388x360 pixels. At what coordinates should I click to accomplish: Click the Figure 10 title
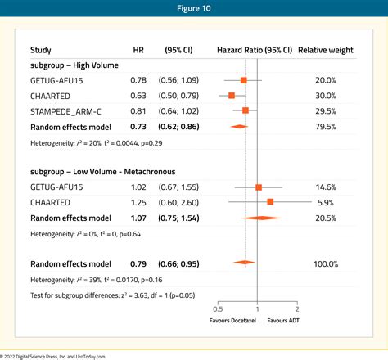tap(194, 11)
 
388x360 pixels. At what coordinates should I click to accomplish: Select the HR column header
tap(139, 50)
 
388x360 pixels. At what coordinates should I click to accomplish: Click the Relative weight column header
tap(326, 50)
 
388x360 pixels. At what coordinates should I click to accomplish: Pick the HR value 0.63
tap(139, 96)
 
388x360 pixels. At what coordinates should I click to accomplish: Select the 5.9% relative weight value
tap(327, 201)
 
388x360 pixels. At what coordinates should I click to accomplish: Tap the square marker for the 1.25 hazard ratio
tap(270, 201)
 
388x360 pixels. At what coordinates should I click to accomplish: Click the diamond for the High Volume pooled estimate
tap(237, 126)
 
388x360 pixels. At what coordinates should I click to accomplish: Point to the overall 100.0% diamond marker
tap(242, 263)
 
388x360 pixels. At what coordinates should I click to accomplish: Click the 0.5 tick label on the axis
tap(218, 309)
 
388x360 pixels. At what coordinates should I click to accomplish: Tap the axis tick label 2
tap(297, 309)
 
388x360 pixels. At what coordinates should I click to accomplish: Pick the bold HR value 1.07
tap(139, 217)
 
